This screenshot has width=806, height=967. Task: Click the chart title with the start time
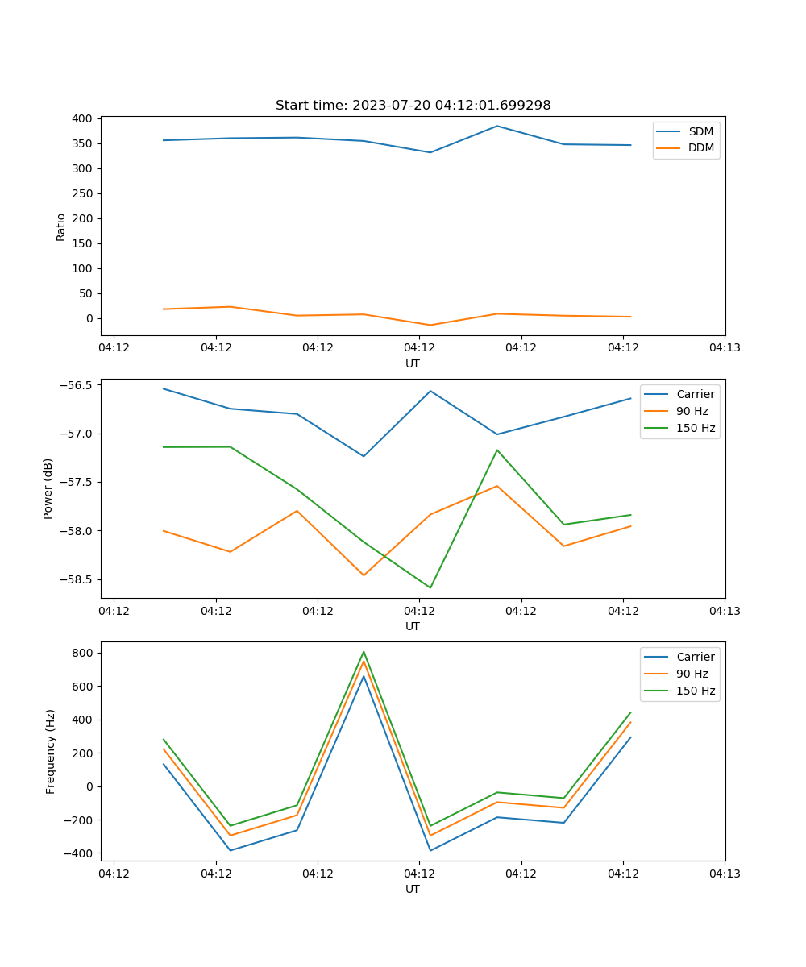coord(413,106)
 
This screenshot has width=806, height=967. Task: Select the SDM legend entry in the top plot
coord(700,131)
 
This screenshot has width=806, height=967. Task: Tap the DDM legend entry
coord(700,148)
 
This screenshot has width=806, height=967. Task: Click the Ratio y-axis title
coord(61,226)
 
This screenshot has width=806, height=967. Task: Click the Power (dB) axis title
coord(48,488)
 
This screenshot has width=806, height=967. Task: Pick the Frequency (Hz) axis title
coord(50,751)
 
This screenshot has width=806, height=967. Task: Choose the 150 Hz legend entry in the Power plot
coord(696,428)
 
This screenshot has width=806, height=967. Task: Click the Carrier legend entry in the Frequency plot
coord(695,657)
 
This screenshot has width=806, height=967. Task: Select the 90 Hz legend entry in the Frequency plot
coord(692,674)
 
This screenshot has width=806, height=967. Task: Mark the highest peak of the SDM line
coord(497,126)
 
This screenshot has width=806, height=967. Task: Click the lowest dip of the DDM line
coord(430,326)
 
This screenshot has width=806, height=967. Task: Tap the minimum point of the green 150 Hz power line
coord(430,587)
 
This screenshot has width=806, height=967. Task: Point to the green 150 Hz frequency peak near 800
coord(364,651)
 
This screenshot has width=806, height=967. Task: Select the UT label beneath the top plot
coord(413,363)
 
